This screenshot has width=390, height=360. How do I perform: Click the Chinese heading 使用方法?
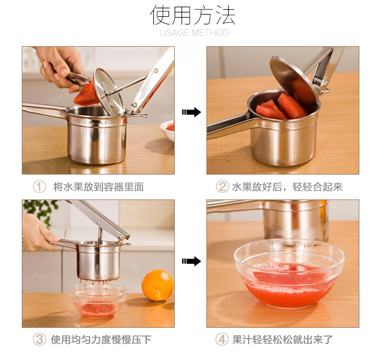192,16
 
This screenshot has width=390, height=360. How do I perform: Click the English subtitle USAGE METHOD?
194,33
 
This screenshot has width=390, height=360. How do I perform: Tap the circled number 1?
40,187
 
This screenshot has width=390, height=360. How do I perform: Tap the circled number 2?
222,187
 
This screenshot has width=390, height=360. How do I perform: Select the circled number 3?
40,339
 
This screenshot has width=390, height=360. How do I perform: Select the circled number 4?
222,339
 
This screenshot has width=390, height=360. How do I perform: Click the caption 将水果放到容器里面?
98,187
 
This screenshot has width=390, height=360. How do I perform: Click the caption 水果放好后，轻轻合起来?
287,187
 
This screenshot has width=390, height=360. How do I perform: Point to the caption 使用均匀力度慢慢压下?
101,339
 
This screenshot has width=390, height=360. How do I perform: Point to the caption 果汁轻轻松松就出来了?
282,339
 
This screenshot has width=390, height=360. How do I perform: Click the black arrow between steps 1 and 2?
191,112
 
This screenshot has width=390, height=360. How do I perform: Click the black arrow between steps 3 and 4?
191,261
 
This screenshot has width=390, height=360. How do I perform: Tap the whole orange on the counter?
158,285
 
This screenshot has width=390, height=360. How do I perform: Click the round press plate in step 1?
109,92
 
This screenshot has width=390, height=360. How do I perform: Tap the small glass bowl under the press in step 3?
98,301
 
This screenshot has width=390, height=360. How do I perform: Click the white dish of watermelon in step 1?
167,130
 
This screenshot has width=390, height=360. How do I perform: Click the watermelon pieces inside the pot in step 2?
281,108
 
